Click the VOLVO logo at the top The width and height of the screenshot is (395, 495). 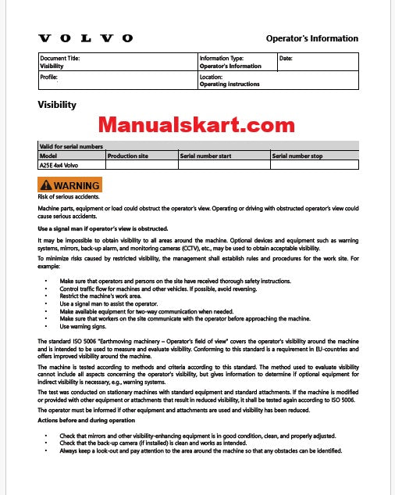86,38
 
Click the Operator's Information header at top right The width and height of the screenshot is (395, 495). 312,38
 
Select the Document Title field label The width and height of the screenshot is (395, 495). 60,59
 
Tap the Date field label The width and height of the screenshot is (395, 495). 286,59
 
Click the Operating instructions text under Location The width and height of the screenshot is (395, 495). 230,84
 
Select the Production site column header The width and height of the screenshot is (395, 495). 128,156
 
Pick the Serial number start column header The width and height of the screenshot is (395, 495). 206,156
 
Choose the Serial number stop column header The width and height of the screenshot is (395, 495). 297,156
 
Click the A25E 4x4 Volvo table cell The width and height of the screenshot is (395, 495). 59,165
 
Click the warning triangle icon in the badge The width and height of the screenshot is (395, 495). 47,185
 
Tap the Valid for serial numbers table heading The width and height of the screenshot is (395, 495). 71,146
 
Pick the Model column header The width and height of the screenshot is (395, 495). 48,156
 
